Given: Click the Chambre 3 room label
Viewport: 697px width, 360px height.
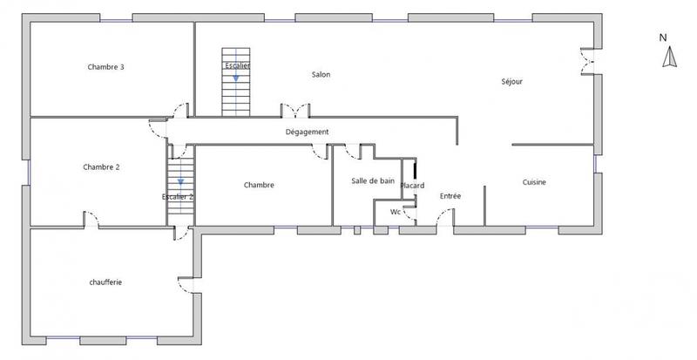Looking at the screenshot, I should click(x=105, y=67).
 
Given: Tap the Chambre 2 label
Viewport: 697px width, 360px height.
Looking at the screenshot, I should click(x=101, y=166).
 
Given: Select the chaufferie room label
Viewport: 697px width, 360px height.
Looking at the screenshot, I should click(x=105, y=282).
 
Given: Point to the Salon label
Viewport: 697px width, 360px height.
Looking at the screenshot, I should click(x=321, y=74).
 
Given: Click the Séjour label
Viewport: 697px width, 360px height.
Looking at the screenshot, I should click(x=511, y=82).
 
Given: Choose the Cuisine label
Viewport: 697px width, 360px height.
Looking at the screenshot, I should click(x=534, y=182).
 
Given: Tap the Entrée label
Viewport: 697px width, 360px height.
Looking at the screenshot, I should click(x=450, y=196).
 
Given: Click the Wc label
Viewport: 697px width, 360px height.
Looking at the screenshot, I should click(x=395, y=211).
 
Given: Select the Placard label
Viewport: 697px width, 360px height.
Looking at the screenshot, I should click(x=412, y=186).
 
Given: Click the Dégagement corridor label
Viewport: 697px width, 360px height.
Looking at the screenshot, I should click(x=307, y=132).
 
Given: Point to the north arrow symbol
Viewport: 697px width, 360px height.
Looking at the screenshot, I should click(x=669, y=58).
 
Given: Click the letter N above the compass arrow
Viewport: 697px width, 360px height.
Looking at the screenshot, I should click(x=663, y=37).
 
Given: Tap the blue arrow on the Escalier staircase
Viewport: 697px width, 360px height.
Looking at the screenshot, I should click(x=235, y=77).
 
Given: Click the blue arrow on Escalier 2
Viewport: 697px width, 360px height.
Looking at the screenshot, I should click(x=180, y=182).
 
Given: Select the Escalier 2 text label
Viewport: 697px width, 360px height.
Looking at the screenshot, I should click(x=178, y=197).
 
